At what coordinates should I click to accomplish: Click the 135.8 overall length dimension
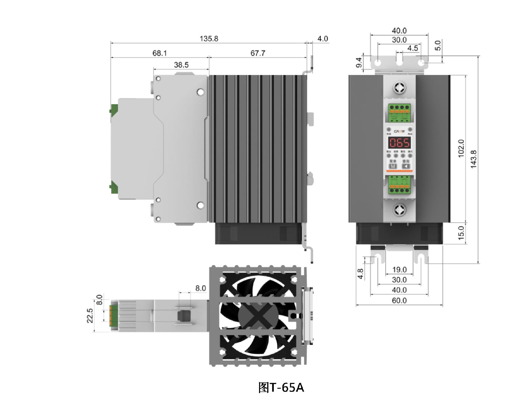pos(209,39)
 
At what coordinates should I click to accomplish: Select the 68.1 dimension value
pos(160,53)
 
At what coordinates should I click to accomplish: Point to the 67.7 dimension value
pos(258,53)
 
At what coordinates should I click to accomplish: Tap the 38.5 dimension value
pos(181,65)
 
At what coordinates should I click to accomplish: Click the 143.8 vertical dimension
pos(473,159)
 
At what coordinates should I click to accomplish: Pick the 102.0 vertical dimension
pos(461,148)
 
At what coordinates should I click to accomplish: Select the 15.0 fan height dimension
pos(461,233)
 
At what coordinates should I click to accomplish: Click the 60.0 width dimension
pos(399,300)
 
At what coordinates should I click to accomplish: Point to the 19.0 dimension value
pos(399,269)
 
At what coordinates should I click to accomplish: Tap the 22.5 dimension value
pos(90,316)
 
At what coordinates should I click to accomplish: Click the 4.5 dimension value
pos(412,48)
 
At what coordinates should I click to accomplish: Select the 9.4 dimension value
pos(358,62)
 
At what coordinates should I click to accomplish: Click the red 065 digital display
pos(399,143)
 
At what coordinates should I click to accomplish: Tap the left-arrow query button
pos(406,166)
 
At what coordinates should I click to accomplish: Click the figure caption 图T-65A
pos(281,388)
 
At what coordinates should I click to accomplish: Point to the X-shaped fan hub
pos(258,315)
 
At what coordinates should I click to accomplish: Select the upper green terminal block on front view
pos(399,113)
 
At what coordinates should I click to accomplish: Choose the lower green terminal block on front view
pos(399,184)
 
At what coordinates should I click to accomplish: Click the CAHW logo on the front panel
pos(399,131)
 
